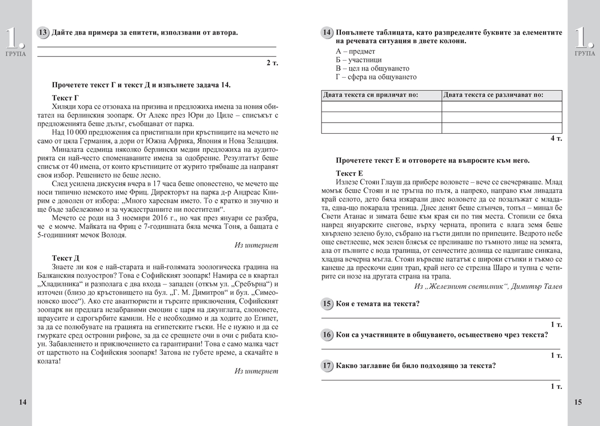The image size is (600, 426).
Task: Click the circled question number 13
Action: [43, 33]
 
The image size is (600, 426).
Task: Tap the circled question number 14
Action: [327, 33]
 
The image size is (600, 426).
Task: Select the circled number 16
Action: [327, 335]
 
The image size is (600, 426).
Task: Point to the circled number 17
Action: [327, 365]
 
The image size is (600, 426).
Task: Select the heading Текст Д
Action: [65, 258]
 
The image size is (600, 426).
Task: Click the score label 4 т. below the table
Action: [555, 139]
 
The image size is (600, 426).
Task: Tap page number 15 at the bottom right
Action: [577, 402]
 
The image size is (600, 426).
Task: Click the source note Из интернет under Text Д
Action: [256, 371]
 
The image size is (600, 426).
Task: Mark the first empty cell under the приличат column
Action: [381, 106]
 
